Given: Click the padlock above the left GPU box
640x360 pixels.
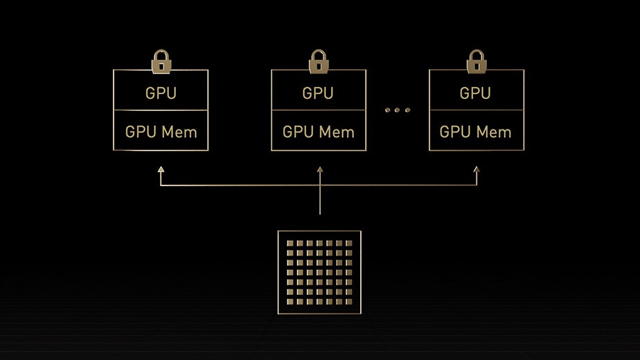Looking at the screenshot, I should pos(161,62).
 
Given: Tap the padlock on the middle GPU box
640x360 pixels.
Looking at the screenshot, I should pos(319,62).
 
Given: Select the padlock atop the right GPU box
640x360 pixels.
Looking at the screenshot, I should pos(476,62).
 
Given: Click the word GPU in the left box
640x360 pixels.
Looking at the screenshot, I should pos(161,93).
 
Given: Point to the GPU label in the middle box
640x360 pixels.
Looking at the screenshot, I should pos(319,93).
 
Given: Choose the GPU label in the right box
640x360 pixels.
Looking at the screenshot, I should pos(476,93).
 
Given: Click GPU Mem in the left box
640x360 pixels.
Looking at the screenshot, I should pos(161,132).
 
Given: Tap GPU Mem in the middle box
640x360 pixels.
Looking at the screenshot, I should pos(319,132).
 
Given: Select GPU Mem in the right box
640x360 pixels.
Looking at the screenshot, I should pos(476,132).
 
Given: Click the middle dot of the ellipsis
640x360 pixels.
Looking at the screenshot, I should pos(398,110).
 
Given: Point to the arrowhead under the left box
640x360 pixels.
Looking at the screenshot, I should pos(161,169).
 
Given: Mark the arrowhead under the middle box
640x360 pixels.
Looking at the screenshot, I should pos(319,169).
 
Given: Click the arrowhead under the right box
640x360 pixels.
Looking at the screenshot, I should pos(477,169).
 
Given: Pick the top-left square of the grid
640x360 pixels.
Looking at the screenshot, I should pos(291,244).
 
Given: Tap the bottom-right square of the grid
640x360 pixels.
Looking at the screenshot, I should pos(348,302).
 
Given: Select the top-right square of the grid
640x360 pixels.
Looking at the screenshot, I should pos(348,244).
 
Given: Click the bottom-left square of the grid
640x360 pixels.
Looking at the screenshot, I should pos(291,302).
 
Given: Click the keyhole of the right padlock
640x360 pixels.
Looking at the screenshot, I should pos(476,66).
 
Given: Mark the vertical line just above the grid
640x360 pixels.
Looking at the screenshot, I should pos(319,204).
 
